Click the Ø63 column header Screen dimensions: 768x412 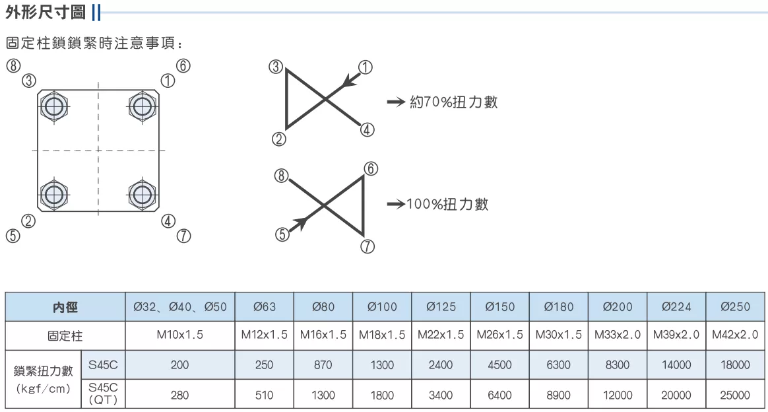(x=265, y=307)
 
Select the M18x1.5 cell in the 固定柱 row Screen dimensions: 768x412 (x=382, y=335)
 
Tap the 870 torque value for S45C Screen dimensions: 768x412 (x=323, y=365)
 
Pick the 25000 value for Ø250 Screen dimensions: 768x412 (x=735, y=395)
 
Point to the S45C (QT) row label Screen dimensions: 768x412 (x=103, y=394)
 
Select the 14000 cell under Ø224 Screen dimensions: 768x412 (x=676, y=365)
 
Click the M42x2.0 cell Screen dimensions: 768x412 (x=735, y=335)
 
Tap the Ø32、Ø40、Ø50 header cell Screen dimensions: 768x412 (x=180, y=307)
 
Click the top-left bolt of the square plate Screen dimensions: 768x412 (x=54, y=106)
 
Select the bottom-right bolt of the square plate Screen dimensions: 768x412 (x=142, y=195)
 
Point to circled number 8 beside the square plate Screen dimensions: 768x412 (x=13, y=65)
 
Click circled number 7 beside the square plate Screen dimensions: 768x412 (x=183, y=236)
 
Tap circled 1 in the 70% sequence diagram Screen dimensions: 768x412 (x=366, y=67)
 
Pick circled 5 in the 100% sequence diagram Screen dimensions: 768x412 (x=282, y=234)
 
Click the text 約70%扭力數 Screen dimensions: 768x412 (x=453, y=102)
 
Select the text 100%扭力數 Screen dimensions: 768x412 (x=447, y=204)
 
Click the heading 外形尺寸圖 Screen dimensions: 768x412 (x=46, y=13)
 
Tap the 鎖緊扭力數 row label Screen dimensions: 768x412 (x=43, y=371)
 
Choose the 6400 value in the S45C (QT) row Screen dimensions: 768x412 (x=499, y=395)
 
